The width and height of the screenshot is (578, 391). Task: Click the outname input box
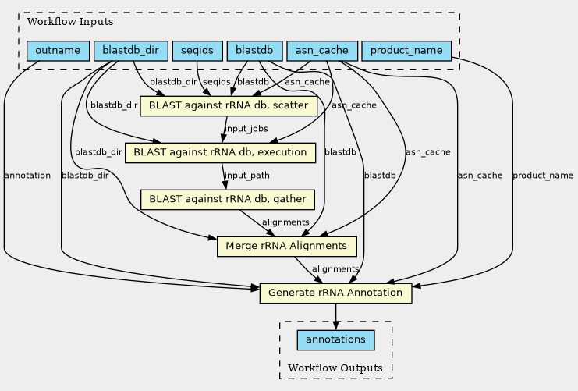coord(58,51)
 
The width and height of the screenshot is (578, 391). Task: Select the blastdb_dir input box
coord(130,51)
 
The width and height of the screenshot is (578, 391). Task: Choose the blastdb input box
coord(255,51)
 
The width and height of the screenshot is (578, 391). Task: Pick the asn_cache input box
coord(322,51)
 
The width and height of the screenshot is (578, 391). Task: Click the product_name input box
coord(406,51)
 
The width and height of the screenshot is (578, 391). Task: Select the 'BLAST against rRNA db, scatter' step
coord(227,105)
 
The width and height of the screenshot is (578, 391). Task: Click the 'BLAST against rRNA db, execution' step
coord(220,152)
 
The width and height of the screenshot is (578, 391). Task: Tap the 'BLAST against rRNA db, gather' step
coord(228,199)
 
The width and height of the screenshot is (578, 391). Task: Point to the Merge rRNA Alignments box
coord(286,246)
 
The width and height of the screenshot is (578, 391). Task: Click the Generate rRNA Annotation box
coord(335,293)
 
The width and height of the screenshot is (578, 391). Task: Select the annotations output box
coord(335,340)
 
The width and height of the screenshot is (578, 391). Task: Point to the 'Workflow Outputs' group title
coord(335,368)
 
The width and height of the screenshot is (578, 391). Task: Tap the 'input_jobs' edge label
coord(246,129)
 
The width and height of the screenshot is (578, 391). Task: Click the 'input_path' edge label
coord(247,176)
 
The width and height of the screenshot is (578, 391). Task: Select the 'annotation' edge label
coord(27,176)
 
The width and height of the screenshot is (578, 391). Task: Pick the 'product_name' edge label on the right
coord(543,176)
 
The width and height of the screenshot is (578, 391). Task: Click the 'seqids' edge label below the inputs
coord(217,82)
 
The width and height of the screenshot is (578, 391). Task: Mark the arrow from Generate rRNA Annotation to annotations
coord(335,316)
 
